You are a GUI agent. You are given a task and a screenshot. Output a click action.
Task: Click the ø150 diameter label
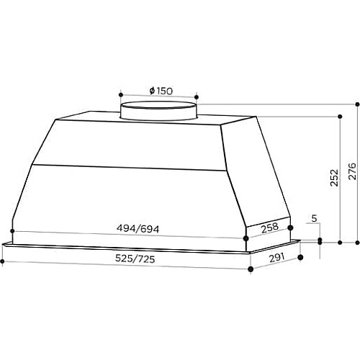(x=161, y=91)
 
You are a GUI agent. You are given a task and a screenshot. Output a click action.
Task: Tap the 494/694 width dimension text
(x=138, y=229)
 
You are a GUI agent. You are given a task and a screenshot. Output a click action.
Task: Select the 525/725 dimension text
(x=135, y=258)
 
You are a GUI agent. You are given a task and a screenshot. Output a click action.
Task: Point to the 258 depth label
(x=270, y=228)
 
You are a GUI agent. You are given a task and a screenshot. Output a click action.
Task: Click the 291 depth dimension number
(x=276, y=258)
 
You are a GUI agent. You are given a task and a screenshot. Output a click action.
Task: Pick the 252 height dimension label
(x=334, y=178)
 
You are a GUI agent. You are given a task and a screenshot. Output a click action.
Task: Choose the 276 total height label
(x=352, y=171)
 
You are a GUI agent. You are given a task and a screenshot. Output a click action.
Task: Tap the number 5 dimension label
(x=314, y=218)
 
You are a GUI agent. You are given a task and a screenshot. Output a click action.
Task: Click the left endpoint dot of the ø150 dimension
(x=121, y=94)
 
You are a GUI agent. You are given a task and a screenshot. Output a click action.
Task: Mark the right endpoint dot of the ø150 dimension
(x=197, y=97)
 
